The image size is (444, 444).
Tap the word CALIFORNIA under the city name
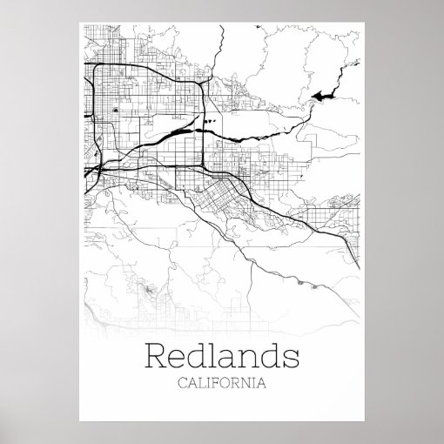(x=222, y=382)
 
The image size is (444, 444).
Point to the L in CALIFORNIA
(x=201, y=382)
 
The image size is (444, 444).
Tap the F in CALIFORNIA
(x=214, y=382)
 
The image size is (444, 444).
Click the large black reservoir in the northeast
(x=322, y=95)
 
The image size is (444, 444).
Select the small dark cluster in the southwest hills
(x=149, y=288)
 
